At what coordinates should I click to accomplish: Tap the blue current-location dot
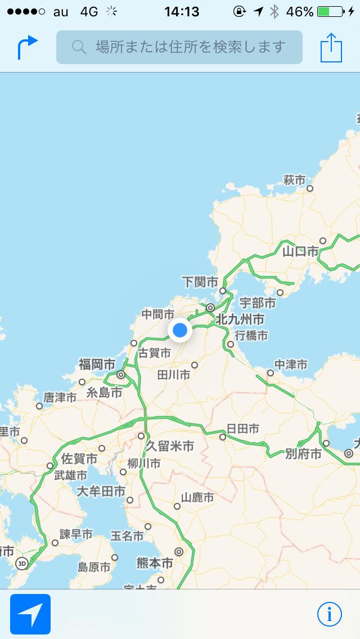pyautogui.click(x=180, y=330)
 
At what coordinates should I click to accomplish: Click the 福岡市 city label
pyautogui.click(x=97, y=364)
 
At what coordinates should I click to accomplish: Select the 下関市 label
pyautogui.click(x=200, y=281)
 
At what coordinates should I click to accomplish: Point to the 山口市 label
pyautogui.click(x=300, y=251)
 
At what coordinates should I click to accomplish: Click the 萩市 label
pyautogui.click(x=294, y=180)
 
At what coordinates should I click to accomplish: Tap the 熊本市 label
pyautogui.click(x=155, y=562)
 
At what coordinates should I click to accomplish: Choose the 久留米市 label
pyautogui.click(x=170, y=446)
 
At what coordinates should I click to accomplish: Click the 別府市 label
pyautogui.click(x=303, y=453)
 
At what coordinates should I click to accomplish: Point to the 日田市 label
pyautogui.click(x=243, y=429)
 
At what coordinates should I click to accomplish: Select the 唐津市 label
pyautogui.click(x=60, y=397)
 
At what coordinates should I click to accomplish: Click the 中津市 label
pyautogui.click(x=291, y=365)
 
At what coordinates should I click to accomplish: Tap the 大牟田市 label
pyautogui.click(x=101, y=491)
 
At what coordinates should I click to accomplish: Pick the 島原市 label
pyautogui.click(x=94, y=567)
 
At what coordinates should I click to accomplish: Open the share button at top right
pyautogui.click(x=331, y=48)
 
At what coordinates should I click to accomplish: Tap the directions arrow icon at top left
pyautogui.click(x=27, y=47)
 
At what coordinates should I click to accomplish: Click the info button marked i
pyautogui.click(x=330, y=614)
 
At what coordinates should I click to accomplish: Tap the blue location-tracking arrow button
pyautogui.click(x=30, y=614)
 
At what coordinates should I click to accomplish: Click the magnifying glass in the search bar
pyautogui.click(x=79, y=47)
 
